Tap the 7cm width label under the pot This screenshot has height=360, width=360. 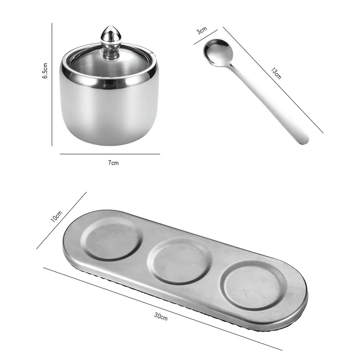tap(113, 163)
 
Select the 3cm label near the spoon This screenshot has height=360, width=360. tap(202, 31)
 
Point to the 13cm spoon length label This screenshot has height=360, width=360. tap(276, 73)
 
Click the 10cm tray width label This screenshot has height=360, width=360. tap(56, 217)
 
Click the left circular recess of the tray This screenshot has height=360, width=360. tap(112, 239)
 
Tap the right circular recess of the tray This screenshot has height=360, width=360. tap(255, 285)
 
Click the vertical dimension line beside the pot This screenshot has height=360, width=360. tap(52, 84)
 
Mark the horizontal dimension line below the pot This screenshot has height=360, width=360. tap(110, 154)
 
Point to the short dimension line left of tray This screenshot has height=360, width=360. tap(61, 220)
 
